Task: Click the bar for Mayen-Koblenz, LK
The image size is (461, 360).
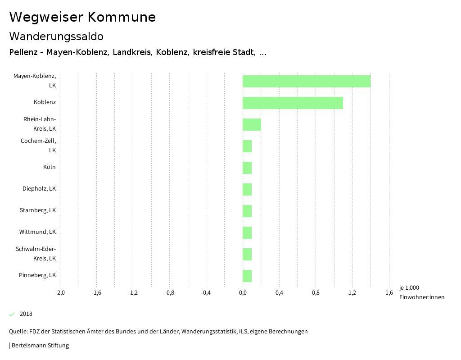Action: tap(307, 82)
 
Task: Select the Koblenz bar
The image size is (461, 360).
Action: tap(293, 103)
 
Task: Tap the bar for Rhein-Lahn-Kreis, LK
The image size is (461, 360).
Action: tap(252, 124)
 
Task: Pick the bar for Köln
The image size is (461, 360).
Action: tap(247, 168)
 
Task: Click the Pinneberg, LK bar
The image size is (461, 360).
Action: tap(247, 276)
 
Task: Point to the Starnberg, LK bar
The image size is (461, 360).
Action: tap(247, 211)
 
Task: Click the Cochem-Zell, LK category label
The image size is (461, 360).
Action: tap(39, 146)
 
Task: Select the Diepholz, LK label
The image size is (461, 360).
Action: tap(39, 189)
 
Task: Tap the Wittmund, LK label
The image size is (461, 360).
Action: tap(37, 232)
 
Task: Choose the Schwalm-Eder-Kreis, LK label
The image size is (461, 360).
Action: tap(36, 254)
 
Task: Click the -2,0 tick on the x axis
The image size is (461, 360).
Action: tap(60, 293)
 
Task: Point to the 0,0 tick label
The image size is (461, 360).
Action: tap(243, 293)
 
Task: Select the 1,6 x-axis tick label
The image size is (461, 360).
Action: tap(389, 293)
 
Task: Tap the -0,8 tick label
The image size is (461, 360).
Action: tap(169, 293)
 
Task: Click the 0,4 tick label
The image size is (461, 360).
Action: tap(279, 293)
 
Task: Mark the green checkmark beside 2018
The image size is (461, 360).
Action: tap(12, 314)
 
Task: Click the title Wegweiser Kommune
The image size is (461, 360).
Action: tap(82, 17)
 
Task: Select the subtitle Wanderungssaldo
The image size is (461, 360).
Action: tap(56, 36)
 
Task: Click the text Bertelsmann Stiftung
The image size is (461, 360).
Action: tap(40, 346)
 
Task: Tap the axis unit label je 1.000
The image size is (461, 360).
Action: tap(409, 288)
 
